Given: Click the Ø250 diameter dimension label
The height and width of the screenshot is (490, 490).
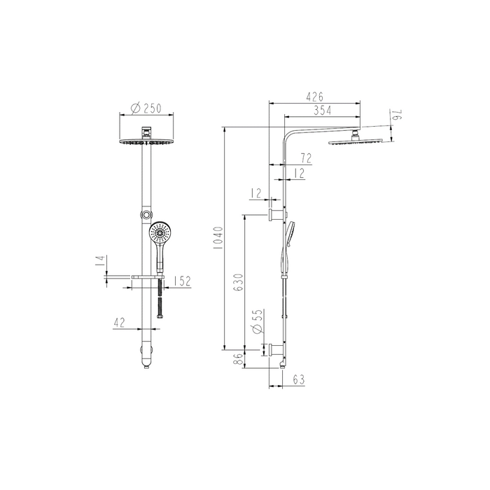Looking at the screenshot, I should coord(146,108).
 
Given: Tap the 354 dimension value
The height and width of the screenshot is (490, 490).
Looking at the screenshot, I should coord(322,111).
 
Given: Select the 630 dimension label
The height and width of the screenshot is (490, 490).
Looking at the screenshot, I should coord(237,283).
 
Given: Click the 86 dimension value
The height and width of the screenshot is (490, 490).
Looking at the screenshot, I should coord(238,359).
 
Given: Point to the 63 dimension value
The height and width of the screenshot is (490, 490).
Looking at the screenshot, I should coord(299,380).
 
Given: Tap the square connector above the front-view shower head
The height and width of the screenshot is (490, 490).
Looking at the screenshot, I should coord(146,132).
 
